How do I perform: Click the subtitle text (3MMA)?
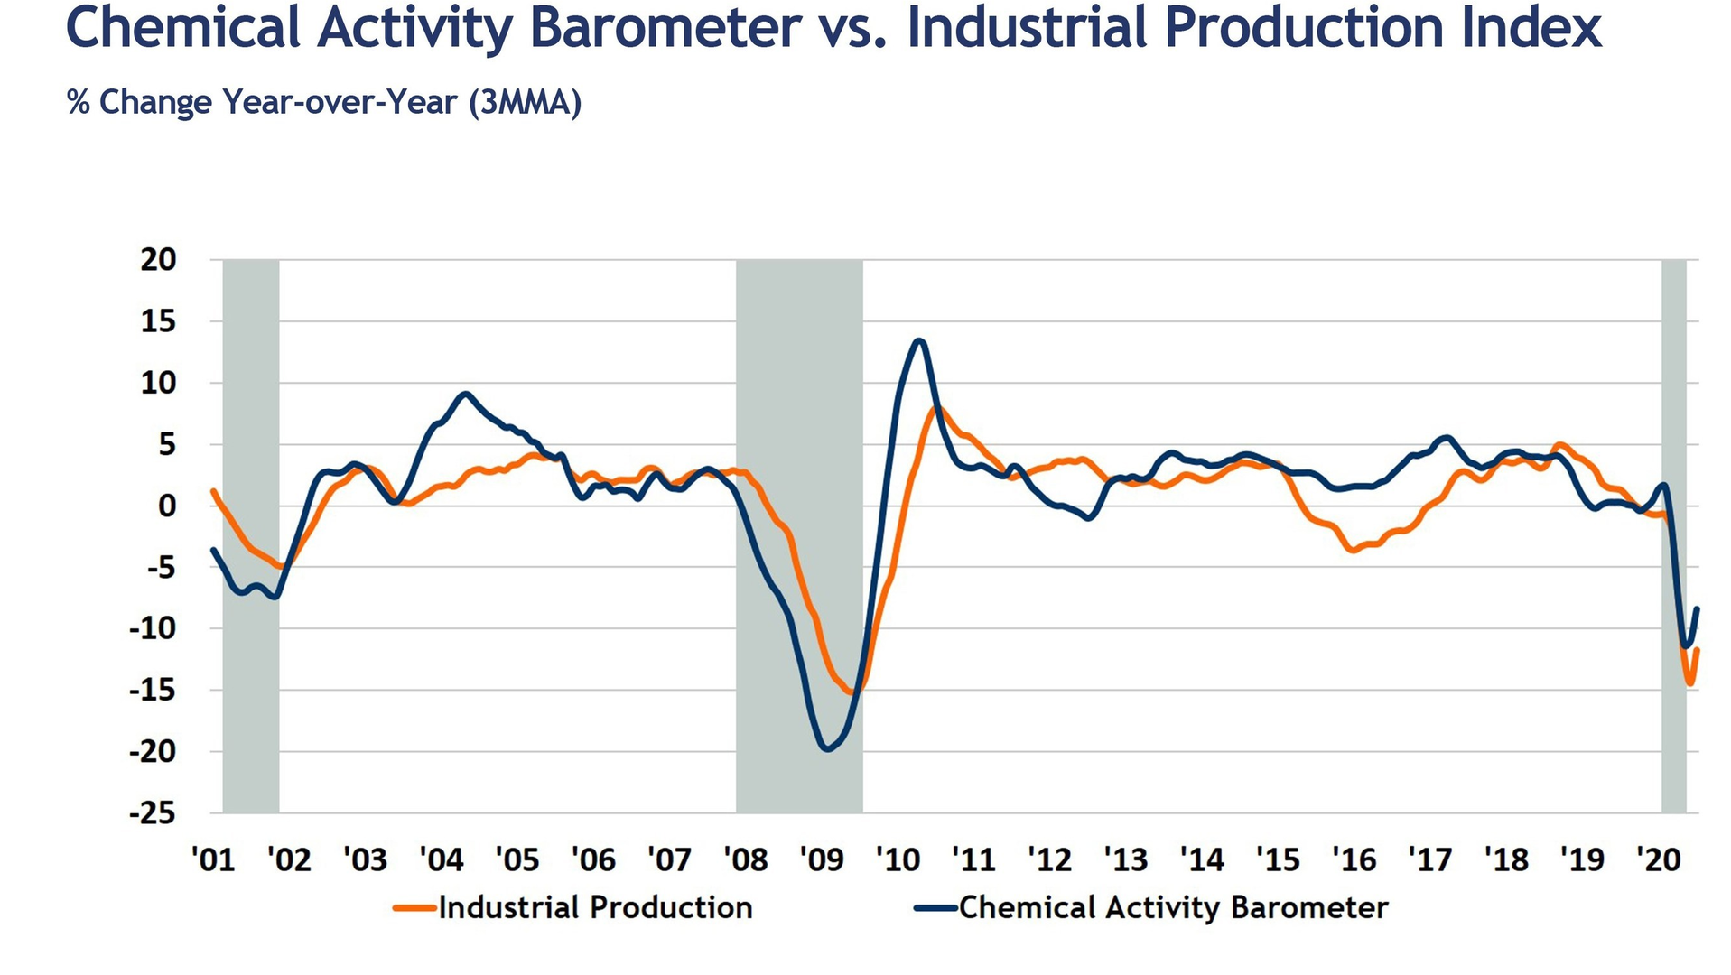pyautogui.click(x=525, y=103)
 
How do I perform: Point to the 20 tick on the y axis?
pyautogui.click(x=159, y=260)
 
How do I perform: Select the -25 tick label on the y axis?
pyautogui.click(x=153, y=813)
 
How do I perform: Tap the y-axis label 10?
pyautogui.click(x=159, y=383)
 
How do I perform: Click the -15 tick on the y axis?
pyautogui.click(x=153, y=691)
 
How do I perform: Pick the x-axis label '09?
pyautogui.click(x=822, y=859)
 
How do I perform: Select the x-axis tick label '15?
pyautogui.click(x=1278, y=859)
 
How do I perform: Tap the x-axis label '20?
pyautogui.click(x=1659, y=859)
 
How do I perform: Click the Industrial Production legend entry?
pyautogui.click(x=594, y=907)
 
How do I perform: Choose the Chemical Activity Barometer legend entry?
pyautogui.click(x=1172, y=907)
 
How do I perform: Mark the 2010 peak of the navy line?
pyautogui.click(x=919, y=341)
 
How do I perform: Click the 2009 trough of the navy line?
pyautogui.click(x=828, y=748)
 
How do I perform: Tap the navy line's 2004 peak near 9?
pyautogui.click(x=464, y=394)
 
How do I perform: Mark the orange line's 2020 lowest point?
pyautogui.click(x=1689, y=683)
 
